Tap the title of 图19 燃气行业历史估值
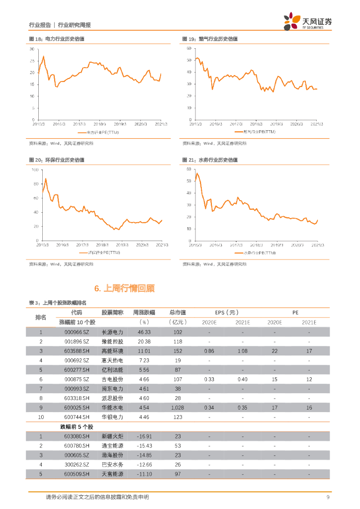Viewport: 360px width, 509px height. [x=210, y=39]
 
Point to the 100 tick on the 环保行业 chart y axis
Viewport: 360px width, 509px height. [x=35, y=170]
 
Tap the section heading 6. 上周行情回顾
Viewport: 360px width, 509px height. [x=125, y=288]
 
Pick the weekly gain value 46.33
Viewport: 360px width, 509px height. [x=144, y=332]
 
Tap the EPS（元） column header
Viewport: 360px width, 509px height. [x=226, y=312]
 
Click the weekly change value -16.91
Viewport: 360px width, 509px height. [x=144, y=436]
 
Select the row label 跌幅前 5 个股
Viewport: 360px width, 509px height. [x=77, y=426]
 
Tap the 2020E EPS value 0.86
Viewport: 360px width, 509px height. [x=209, y=351]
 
